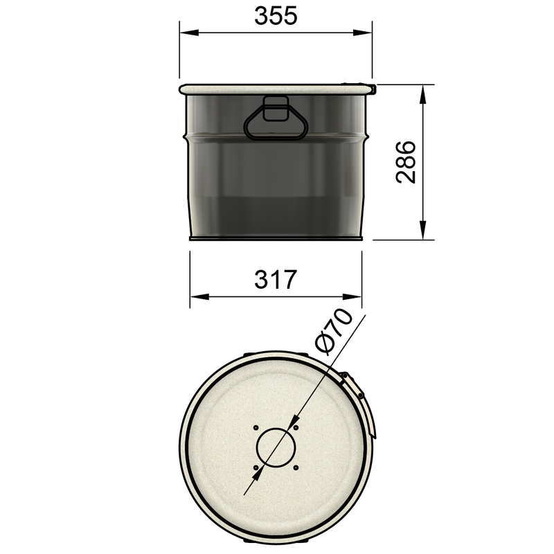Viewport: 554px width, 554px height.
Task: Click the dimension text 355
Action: [x=276, y=16]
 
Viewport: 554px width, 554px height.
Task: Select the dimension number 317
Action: [x=276, y=280]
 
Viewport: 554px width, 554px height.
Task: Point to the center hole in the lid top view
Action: [x=276, y=447]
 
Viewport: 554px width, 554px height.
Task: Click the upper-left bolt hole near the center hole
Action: [x=256, y=427]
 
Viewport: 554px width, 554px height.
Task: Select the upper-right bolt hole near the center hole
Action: [x=296, y=427]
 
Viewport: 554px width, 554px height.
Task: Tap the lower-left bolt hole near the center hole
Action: [x=256, y=467]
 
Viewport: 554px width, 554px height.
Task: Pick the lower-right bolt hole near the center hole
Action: [x=296, y=467]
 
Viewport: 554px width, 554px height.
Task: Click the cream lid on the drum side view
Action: [x=276, y=89]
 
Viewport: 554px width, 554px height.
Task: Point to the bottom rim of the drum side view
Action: [x=276, y=238]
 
